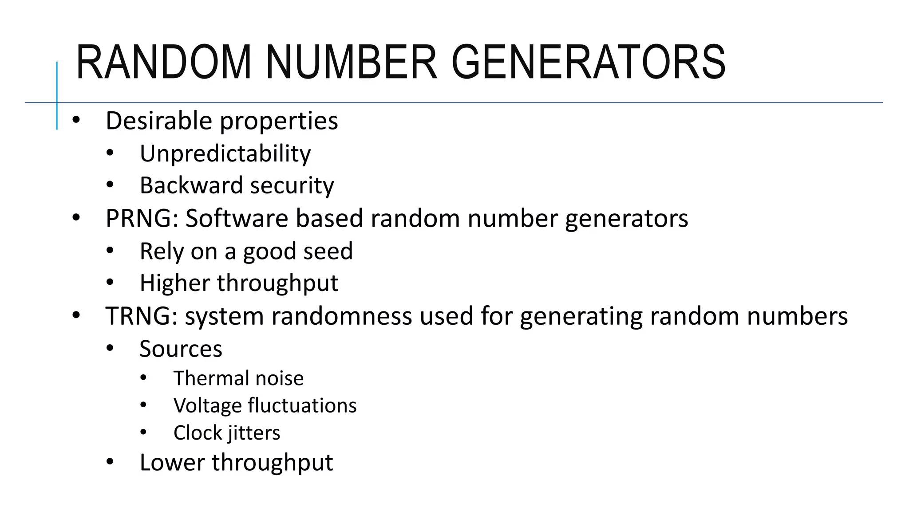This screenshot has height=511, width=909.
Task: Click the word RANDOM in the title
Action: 163,63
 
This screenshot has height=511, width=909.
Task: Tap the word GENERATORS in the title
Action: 589,63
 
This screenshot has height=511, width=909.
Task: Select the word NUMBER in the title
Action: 352,63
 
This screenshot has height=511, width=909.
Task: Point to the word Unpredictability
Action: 225,154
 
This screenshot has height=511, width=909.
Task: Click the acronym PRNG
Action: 139,218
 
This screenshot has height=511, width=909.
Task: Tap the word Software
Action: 237,218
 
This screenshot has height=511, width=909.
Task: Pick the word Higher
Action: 174,283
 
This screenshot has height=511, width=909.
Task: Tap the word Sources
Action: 181,349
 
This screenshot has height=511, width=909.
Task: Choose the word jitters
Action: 253,433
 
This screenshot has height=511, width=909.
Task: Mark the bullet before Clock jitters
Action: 143,432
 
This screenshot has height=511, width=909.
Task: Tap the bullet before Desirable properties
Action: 76,120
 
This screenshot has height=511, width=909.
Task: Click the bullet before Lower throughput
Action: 110,462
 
